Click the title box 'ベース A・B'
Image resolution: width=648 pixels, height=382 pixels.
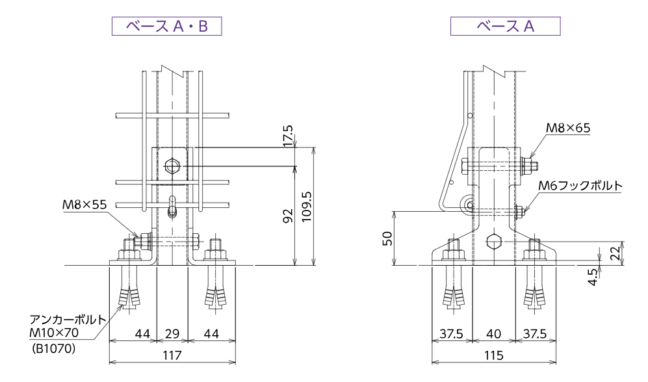(x=167, y=26)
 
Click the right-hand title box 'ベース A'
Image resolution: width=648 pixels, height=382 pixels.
(x=505, y=26)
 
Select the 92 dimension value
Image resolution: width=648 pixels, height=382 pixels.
(x=289, y=216)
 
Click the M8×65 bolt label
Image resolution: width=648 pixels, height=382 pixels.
(x=568, y=129)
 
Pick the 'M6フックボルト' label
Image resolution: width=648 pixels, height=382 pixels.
(x=580, y=186)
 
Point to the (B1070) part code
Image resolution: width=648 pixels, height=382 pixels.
(x=54, y=349)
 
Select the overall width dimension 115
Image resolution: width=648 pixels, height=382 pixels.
(x=493, y=355)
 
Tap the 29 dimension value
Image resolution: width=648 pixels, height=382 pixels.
(x=172, y=334)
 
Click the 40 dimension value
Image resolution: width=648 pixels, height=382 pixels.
(x=493, y=334)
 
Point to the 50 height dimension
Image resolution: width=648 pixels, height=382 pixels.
(x=387, y=238)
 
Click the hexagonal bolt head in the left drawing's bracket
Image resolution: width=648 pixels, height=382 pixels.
(x=172, y=166)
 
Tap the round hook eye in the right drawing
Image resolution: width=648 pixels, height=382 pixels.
(x=467, y=206)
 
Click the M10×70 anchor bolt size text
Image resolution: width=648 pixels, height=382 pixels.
(x=55, y=334)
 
